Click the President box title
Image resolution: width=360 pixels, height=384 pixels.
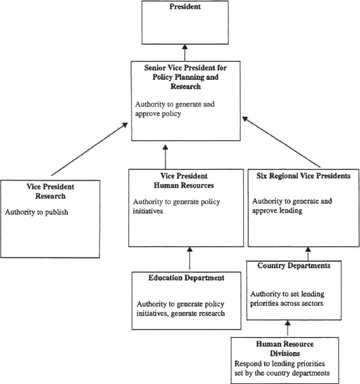[x=184, y=8]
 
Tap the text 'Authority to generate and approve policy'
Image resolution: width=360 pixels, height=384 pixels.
[x=174, y=109]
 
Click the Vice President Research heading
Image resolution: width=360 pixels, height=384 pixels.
[x=50, y=191]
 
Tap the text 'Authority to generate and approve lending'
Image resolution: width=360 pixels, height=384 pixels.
[x=285, y=206]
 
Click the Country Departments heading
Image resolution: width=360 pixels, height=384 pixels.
[x=294, y=266]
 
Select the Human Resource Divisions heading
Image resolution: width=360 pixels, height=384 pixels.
[x=285, y=348]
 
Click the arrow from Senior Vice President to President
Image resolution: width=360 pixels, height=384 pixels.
[x=184, y=53]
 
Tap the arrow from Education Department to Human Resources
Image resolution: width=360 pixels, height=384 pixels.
[x=189, y=259]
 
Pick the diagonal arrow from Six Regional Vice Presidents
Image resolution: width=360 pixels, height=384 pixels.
[x=281, y=142]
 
